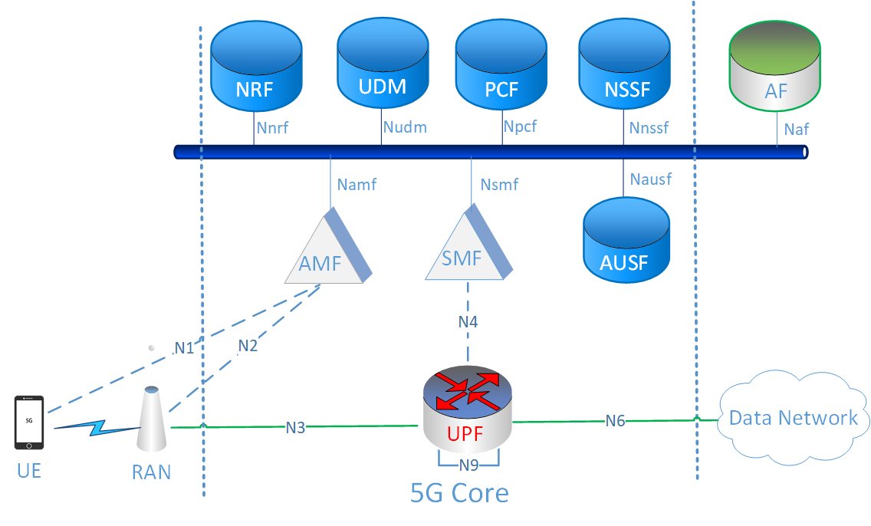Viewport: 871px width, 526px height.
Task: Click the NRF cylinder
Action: [x=254, y=68]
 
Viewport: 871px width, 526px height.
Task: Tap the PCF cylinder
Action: [x=501, y=68]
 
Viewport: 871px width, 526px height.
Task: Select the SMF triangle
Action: [x=466, y=250]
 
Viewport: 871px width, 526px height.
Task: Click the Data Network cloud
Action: [x=793, y=418]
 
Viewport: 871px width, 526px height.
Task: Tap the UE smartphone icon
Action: [x=29, y=422]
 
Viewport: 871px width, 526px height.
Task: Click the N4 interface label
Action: [x=468, y=322]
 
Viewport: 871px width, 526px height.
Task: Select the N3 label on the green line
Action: [x=295, y=427]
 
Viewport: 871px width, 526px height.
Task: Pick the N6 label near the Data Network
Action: [x=615, y=420]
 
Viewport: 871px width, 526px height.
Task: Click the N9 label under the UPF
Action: [x=468, y=465]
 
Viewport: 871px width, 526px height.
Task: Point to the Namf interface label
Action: [x=357, y=184]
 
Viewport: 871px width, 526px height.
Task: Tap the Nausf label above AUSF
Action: [x=650, y=179]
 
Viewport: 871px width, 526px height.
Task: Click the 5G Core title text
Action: [x=459, y=492]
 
